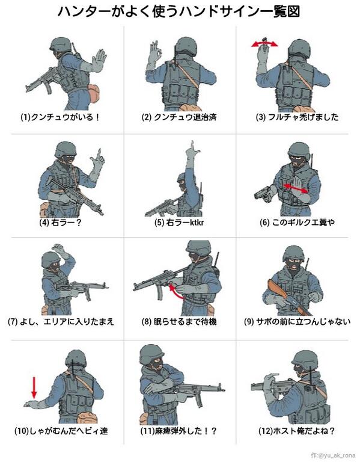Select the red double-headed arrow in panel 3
click(264, 44)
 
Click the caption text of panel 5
click(178, 223)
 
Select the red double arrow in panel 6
click(296, 188)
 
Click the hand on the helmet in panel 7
click(60, 249)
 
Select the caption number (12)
click(266, 431)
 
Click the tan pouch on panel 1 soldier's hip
click(95, 94)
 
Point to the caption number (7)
click(13, 321)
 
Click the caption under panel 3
click(297, 117)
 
